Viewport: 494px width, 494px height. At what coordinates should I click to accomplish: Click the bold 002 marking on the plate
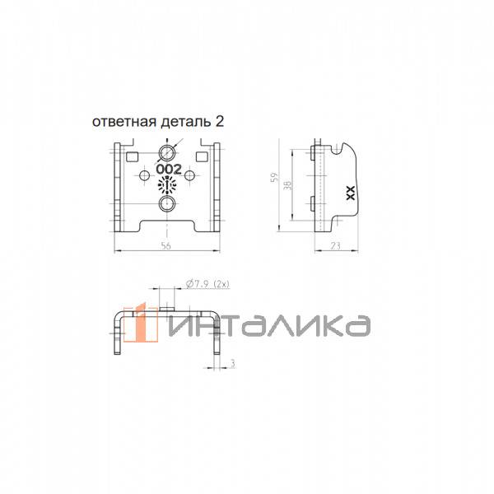click(x=169, y=170)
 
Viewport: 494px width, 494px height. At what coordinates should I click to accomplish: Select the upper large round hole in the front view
click(x=166, y=154)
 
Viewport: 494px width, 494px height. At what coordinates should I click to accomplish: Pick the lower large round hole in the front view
click(x=166, y=204)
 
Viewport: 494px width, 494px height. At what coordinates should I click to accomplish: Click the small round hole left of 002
click(x=145, y=176)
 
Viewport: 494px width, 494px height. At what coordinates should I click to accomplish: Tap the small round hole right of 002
click(x=189, y=176)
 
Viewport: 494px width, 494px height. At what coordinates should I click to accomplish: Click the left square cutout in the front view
click(x=132, y=157)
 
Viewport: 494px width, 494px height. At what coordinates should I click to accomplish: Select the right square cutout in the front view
click(x=202, y=157)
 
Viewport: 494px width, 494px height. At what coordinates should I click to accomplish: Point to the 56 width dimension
click(x=166, y=245)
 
